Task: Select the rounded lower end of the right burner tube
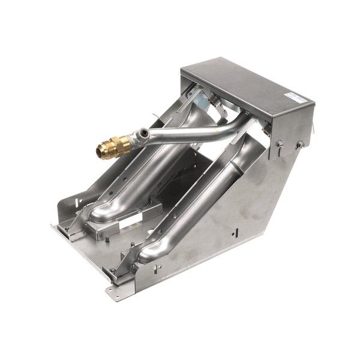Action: click(x=147, y=254)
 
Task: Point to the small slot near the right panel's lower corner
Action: click(x=239, y=231)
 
